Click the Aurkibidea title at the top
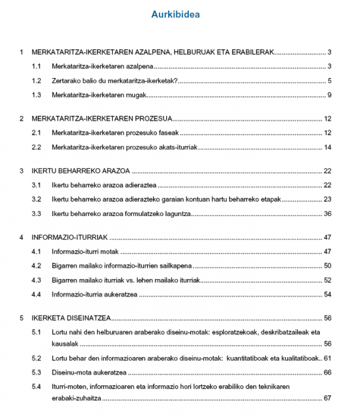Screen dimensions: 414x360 tap(176, 14)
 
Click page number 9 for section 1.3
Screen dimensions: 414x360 tap(329, 95)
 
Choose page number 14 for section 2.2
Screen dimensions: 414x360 tap(328, 147)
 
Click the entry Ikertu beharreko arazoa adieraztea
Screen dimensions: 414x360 tap(104, 185)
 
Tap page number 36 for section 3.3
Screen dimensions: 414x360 tap(328, 214)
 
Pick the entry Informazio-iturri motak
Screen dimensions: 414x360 tap(85, 251)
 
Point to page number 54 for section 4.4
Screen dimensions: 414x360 tap(328, 295)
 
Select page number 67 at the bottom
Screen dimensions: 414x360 tap(328, 398)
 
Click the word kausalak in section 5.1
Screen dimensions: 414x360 tap(65, 344)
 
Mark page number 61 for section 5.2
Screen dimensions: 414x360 tap(328, 358)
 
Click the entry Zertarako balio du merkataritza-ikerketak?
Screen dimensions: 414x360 tap(115, 81)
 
